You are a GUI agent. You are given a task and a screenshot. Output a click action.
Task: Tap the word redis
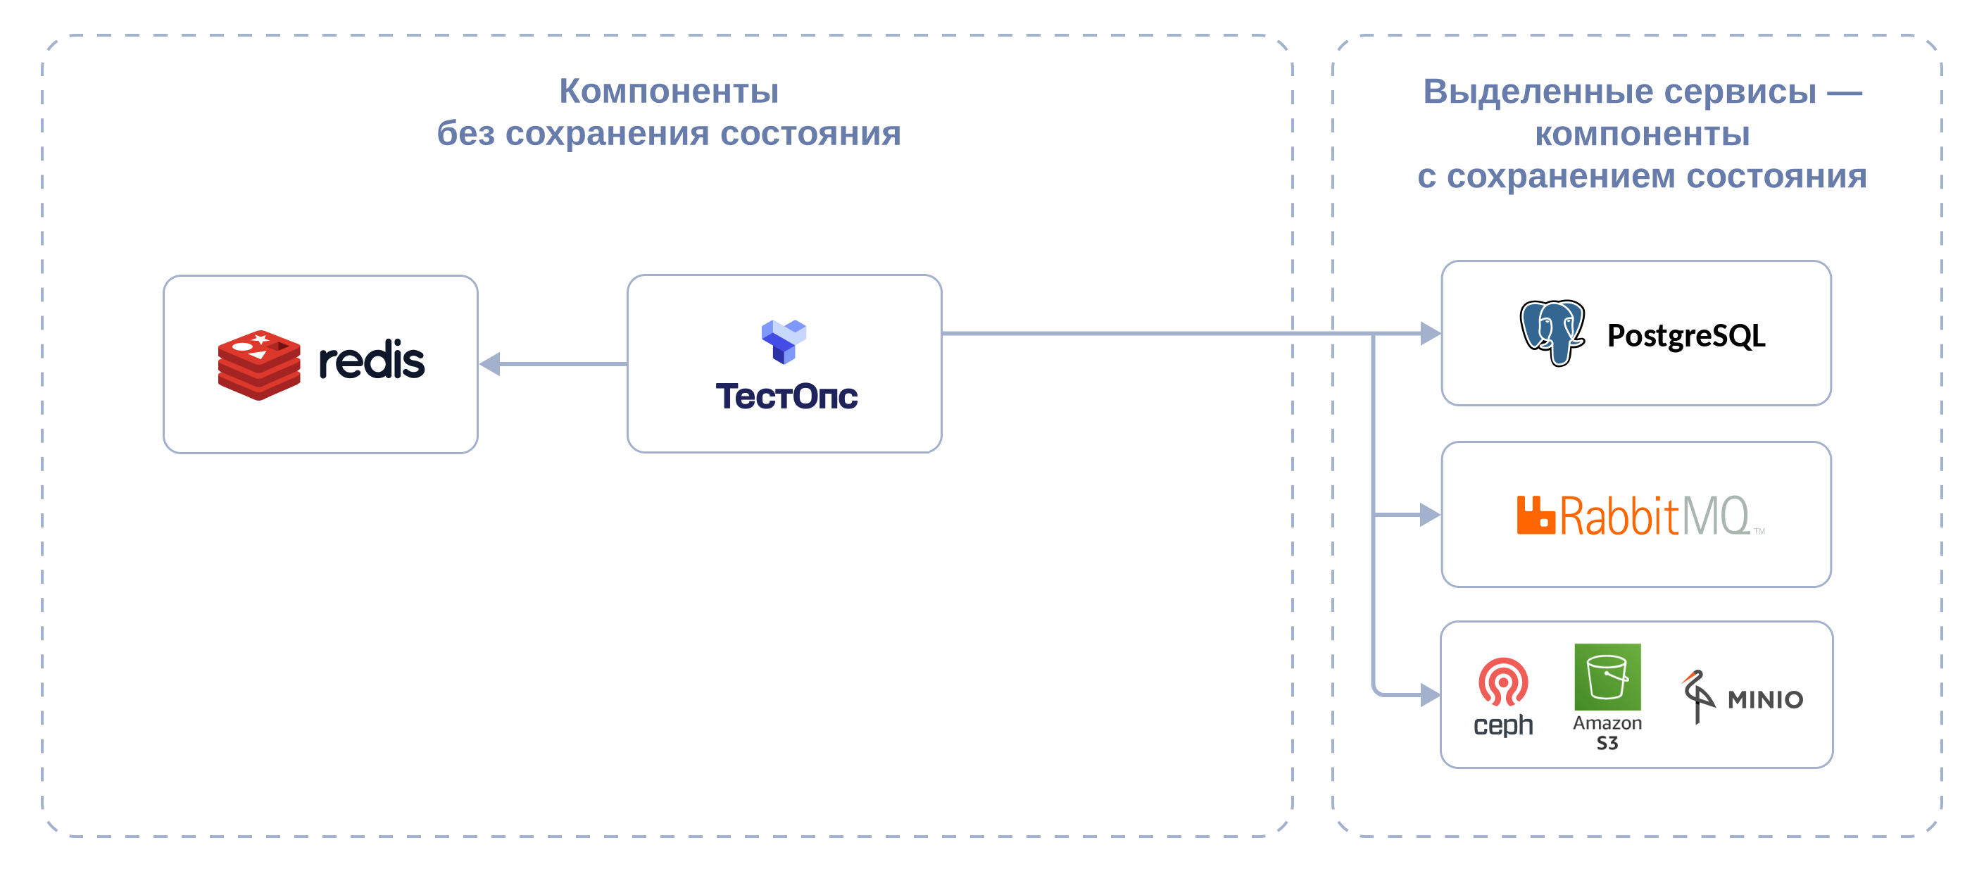pos(371,359)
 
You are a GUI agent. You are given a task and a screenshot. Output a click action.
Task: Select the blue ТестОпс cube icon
pos(784,342)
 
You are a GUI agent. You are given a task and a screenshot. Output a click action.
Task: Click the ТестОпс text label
pos(786,396)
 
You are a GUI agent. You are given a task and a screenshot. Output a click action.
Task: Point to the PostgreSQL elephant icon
pos(1552,333)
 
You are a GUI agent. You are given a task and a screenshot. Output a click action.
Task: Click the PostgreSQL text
pos(1686,336)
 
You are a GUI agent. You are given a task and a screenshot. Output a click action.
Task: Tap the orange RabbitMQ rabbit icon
pos(1536,515)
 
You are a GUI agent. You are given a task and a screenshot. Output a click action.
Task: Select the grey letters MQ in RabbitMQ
pos(1715,515)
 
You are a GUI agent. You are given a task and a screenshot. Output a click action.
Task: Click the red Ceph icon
pos(1502,682)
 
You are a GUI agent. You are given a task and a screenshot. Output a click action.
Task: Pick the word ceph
pos(1502,725)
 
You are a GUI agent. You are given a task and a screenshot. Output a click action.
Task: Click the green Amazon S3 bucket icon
pos(1607,677)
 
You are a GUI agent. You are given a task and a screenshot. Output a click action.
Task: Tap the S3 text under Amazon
pos(1607,744)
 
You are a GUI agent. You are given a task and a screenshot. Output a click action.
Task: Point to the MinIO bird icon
pos(1697,696)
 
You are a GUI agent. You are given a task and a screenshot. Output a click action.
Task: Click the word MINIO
pos(1765,699)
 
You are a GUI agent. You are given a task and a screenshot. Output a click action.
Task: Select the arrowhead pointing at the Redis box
pos(490,363)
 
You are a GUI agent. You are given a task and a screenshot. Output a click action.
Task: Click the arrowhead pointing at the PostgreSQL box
pos(1430,334)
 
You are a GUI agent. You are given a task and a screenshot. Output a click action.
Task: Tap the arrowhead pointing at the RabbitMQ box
pos(1430,515)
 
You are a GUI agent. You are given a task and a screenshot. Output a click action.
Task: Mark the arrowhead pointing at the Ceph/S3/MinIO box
pos(1430,695)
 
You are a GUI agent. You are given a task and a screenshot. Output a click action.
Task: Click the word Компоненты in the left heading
pos(669,91)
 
